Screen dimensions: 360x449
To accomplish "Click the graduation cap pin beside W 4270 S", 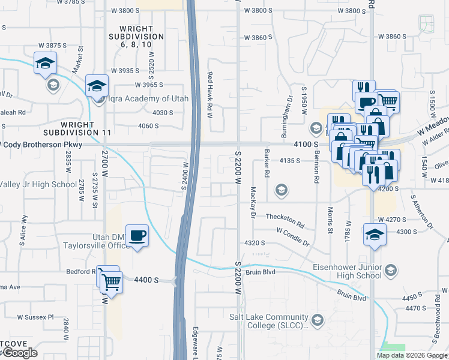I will click(x=375, y=234).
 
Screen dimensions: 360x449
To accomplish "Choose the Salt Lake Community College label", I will click(x=268, y=322).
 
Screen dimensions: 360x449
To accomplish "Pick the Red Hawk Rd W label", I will click(x=210, y=91).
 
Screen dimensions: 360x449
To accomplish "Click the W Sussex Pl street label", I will click(x=35, y=317).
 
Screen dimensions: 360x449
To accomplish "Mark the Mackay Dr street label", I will click(x=253, y=202).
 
